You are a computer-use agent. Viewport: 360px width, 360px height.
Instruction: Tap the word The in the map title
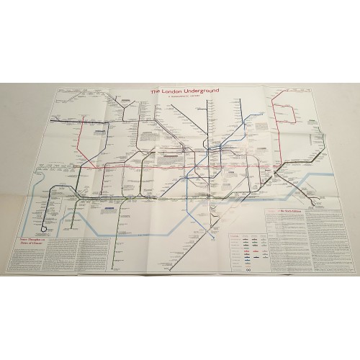(156, 92)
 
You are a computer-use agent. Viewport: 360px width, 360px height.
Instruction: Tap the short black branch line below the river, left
(115, 216)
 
